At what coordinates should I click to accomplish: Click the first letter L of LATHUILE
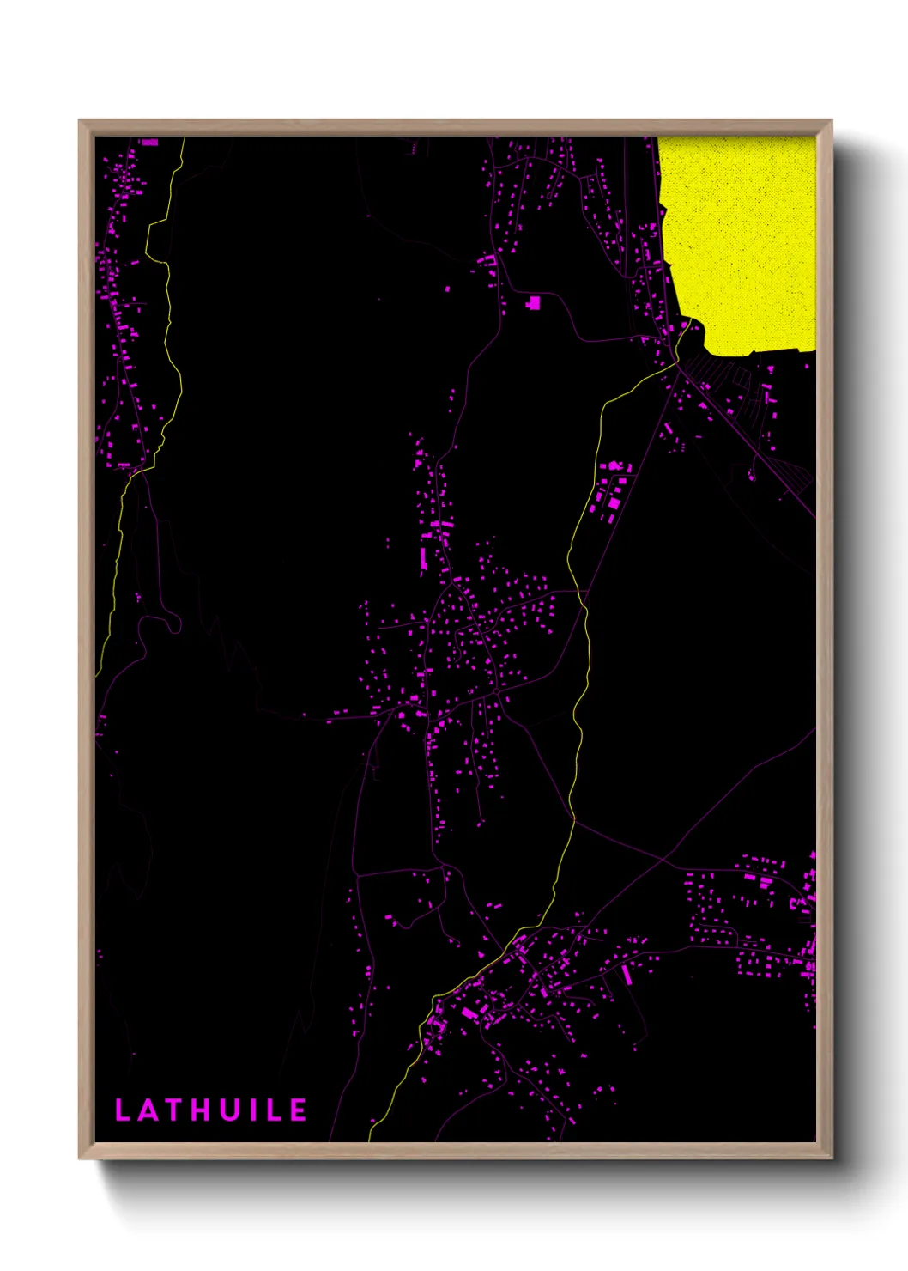point(122,1110)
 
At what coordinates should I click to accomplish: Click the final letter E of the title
point(298,1110)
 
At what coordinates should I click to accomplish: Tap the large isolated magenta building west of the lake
point(534,302)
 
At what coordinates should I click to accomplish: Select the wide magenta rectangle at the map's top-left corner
point(149,142)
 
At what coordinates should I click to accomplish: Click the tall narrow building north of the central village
point(423,560)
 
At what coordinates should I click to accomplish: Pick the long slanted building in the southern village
point(627,975)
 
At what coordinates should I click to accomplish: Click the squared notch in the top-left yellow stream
point(153,240)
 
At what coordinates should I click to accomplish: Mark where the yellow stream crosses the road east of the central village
point(583,592)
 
